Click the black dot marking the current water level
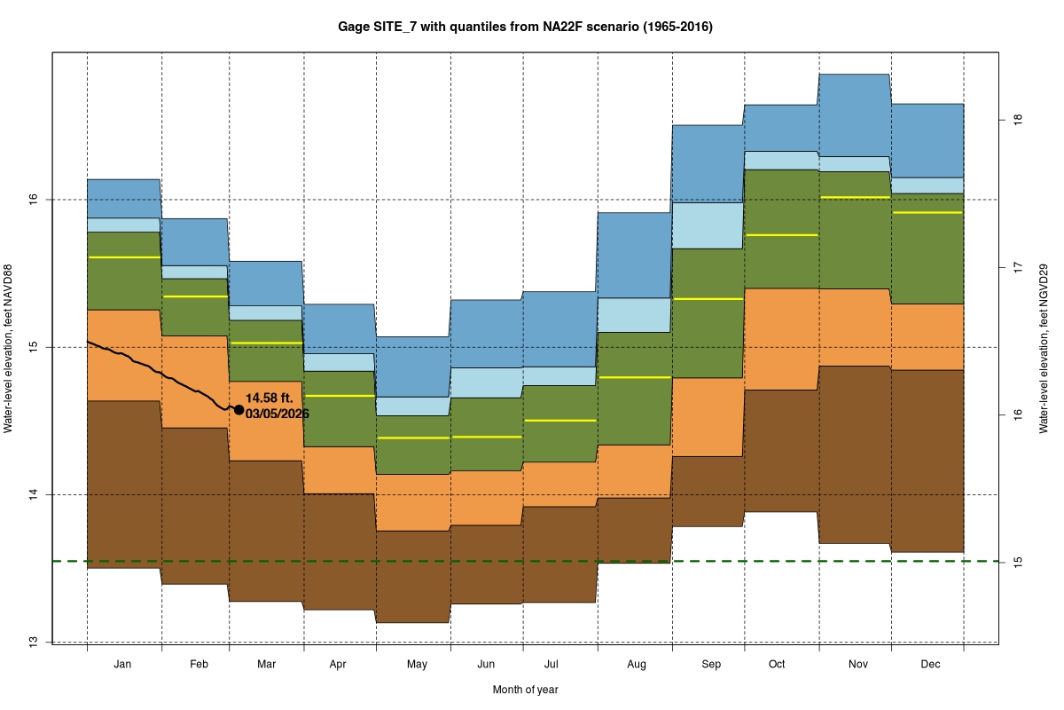click(x=239, y=409)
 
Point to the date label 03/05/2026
click(x=278, y=414)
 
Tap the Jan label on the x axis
click(x=123, y=664)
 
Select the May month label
click(x=417, y=664)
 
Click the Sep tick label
click(x=710, y=664)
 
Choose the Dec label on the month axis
click(x=930, y=664)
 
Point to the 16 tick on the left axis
click(x=33, y=200)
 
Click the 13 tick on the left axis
click(x=33, y=642)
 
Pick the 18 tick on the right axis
click(x=1018, y=119)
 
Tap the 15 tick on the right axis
click(x=1018, y=562)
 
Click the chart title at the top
click(x=525, y=28)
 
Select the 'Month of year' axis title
click(x=525, y=690)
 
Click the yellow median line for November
click(x=854, y=198)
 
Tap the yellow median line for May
click(x=413, y=438)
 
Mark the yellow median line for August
click(x=635, y=377)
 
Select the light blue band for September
click(x=708, y=225)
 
